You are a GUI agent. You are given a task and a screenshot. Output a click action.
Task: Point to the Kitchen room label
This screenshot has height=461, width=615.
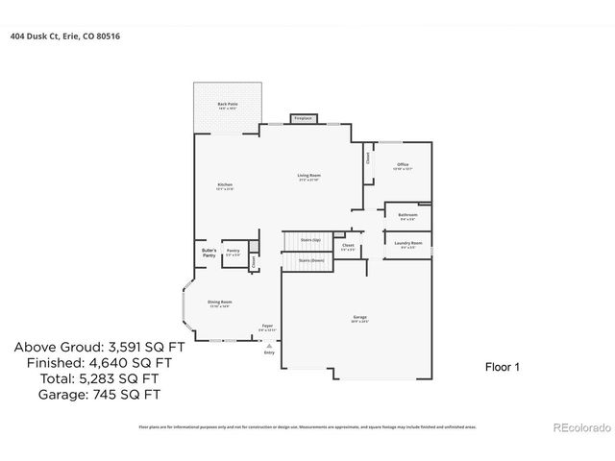[225, 185]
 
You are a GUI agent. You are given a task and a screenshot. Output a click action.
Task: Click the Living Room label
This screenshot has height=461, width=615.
[307, 177]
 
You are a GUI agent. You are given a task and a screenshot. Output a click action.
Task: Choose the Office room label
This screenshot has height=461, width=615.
[403, 166]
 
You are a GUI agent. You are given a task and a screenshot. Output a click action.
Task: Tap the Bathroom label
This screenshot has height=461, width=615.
[408, 217]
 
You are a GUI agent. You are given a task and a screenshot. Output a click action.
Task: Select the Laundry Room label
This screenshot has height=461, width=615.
[408, 245]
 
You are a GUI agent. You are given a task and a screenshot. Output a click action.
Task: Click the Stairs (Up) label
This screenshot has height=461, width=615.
[309, 239]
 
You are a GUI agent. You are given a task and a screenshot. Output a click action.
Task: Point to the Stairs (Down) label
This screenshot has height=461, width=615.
[310, 260]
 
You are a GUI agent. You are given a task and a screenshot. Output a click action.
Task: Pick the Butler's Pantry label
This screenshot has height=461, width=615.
[209, 253]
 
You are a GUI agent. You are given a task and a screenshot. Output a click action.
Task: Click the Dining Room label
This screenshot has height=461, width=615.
[220, 303]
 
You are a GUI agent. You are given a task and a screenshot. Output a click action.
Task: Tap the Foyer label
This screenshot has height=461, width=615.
[268, 327]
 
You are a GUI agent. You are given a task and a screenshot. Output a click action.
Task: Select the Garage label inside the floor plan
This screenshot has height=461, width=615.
[359, 318]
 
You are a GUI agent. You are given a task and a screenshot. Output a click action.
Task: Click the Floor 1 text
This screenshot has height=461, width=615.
[500, 366]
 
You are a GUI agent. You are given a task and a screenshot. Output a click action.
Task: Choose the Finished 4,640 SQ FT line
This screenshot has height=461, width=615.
[87, 364]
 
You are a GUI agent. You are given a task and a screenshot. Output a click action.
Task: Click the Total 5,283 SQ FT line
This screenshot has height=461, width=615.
[87, 379]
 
